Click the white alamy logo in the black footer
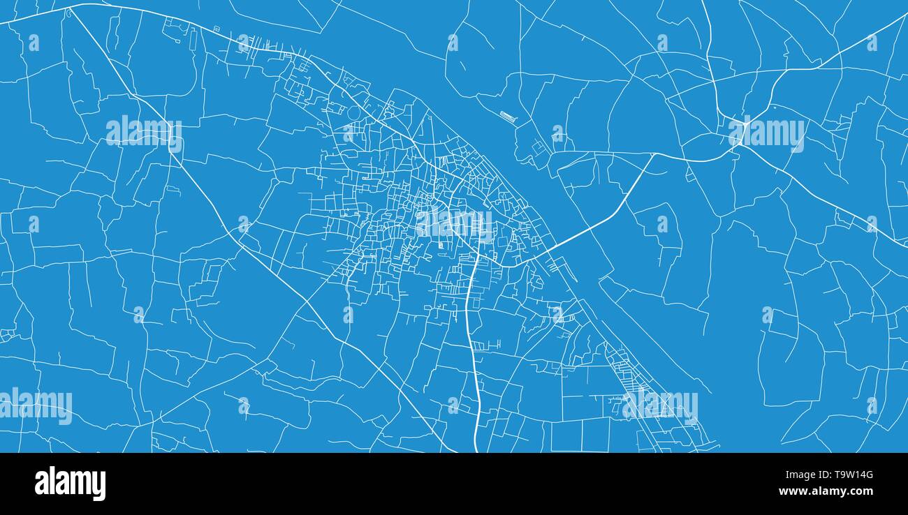(x=70, y=484)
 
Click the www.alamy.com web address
(x=826, y=492)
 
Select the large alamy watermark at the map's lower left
(x=36, y=405)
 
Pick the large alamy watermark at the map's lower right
(x=660, y=405)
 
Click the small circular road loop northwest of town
(x=354, y=112)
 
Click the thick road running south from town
(x=474, y=363)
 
